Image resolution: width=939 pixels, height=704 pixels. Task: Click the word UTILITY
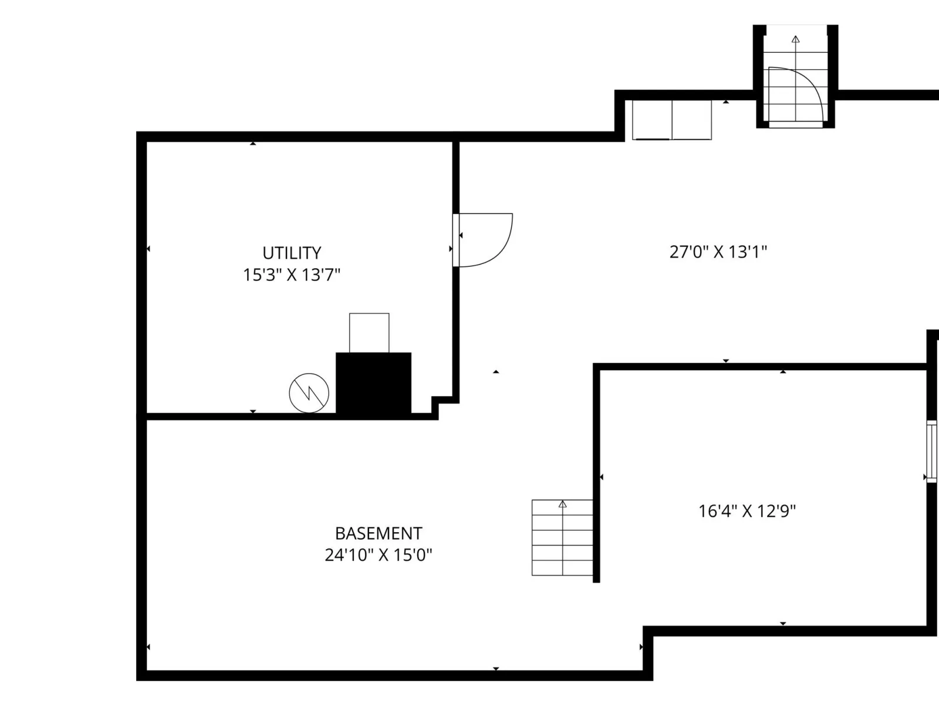coord(292,253)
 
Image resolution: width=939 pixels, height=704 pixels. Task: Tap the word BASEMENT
coord(379,533)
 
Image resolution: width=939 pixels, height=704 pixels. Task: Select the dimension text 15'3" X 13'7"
coord(292,275)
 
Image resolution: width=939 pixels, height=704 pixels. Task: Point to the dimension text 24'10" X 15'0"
coord(379,555)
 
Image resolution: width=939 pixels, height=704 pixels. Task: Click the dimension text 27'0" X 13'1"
coord(718,252)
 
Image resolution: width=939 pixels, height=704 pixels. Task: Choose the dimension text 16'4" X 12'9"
coord(747,511)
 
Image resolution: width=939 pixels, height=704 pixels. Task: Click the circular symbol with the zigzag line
coord(309,393)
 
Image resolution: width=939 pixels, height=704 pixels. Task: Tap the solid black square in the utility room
coord(373,384)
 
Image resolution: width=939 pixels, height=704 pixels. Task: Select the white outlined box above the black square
coord(369,333)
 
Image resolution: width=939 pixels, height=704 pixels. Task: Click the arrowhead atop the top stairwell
coord(796,39)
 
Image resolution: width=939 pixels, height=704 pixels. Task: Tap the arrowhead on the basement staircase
coord(563,505)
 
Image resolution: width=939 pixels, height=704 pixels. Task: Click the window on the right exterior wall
coord(932,451)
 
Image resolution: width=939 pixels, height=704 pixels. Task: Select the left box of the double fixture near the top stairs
coord(652,120)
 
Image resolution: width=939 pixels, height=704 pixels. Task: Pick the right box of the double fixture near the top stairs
coord(692,120)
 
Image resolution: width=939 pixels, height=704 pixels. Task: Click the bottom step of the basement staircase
coord(563,568)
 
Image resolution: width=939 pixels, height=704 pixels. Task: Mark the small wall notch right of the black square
coord(445,408)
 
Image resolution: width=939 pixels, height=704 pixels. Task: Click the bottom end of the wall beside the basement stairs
coord(596,582)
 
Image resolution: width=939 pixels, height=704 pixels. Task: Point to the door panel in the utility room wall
coord(456,240)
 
